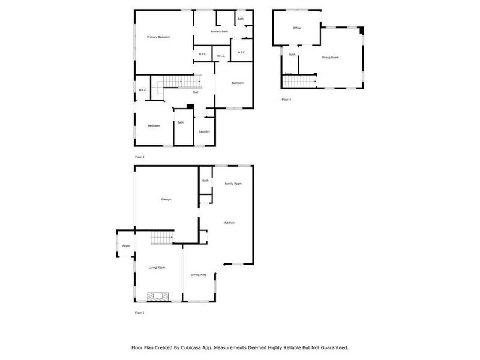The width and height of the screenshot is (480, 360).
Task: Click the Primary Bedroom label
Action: click(x=159, y=37)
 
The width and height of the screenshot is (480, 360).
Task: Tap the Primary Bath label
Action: click(x=219, y=31)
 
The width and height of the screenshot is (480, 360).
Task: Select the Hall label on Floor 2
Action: click(x=196, y=92)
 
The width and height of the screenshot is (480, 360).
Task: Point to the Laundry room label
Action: click(x=205, y=131)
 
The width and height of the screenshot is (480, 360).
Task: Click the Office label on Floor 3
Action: click(x=296, y=28)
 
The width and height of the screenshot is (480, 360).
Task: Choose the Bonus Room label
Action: click(x=331, y=58)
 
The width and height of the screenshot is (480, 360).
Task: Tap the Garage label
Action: click(x=166, y=199)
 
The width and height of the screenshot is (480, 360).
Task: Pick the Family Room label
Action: click(x=233, y=184)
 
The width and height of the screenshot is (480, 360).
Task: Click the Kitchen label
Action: click(x=229, y=223)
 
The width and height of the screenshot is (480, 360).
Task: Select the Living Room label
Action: click(x=157, y=268)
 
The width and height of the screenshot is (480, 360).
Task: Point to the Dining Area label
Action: click(x=199, y=275)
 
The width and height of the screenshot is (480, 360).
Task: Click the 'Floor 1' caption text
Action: click(x=139, y=313)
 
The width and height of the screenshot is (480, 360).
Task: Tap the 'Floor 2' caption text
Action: click(x=139, y=157)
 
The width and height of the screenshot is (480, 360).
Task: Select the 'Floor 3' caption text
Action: click(x=286, y=100)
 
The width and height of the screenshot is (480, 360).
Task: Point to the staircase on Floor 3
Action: click(x=300, y=80)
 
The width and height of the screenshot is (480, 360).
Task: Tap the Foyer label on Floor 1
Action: click(x=126, y=246)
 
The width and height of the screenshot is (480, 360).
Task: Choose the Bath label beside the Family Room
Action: click(x=205, y=181)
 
